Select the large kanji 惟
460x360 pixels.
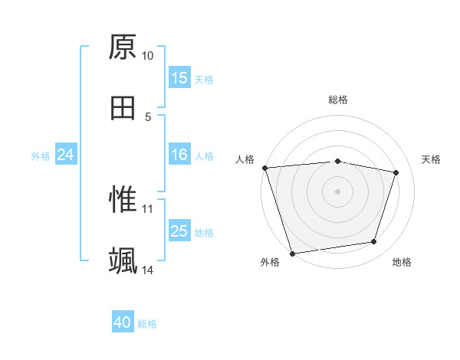[123, 199]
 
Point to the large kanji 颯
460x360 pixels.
[123, 260]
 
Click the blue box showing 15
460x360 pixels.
[179, 78]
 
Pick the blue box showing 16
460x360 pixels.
[179, 155]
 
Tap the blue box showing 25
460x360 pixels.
[179, 231]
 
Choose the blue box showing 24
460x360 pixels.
[66, 155]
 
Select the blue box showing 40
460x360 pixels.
[123, 323]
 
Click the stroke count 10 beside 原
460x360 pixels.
[148, 56]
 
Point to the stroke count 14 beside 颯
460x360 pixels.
[148, 270]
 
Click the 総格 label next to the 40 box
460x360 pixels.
[148, 324]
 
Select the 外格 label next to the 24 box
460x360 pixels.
[41, 156]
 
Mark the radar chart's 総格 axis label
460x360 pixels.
[338, 100]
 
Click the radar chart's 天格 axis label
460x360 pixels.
[432, 159]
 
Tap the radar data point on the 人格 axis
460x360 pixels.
[264, 168]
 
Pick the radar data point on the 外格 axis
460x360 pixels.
[292, 253]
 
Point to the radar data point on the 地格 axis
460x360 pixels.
[374, 242]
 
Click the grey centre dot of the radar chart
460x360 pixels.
[338, 191]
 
